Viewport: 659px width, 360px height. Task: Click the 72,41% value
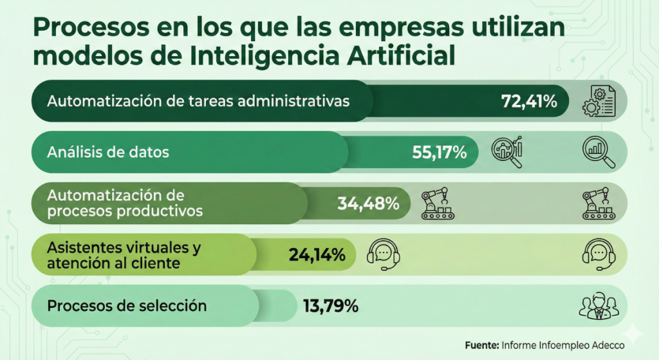529,101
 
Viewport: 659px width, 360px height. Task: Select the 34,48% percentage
368,204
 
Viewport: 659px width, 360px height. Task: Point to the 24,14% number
318,255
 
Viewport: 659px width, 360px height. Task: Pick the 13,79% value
330,306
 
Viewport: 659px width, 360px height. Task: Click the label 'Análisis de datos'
108,153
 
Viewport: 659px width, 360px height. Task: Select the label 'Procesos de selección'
127,306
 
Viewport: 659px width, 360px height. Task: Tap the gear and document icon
599,101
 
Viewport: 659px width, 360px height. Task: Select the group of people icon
598,307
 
